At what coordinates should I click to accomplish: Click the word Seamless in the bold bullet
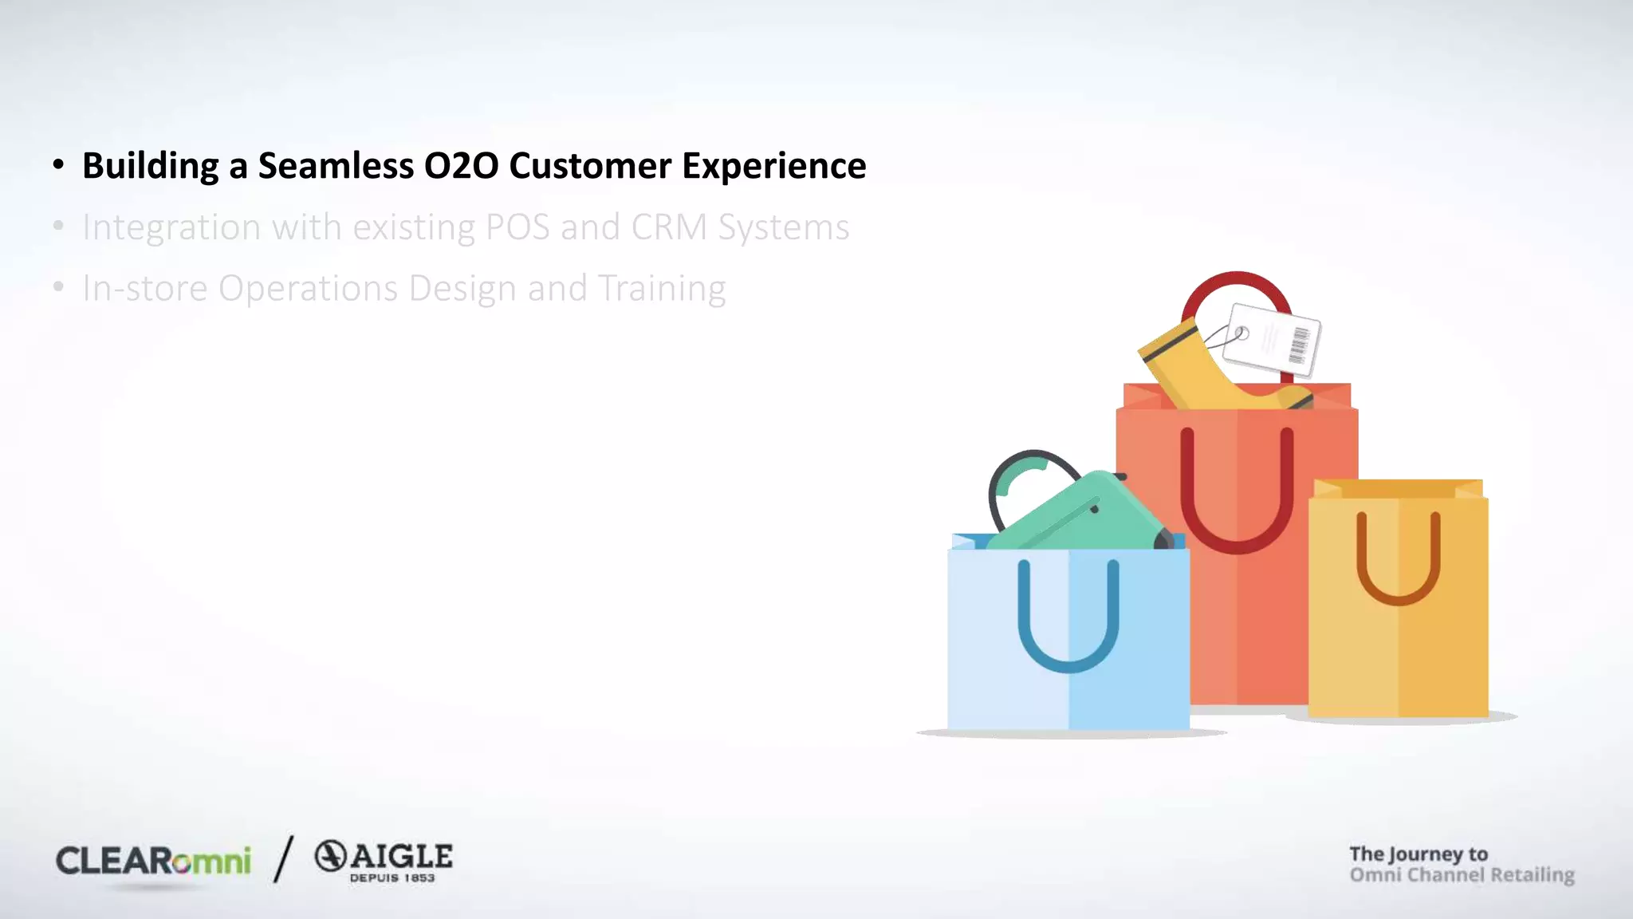(x=336, y=166)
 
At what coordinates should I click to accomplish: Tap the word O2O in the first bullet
(x=461, y=166)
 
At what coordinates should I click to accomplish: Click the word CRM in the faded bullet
(x=669, y=227)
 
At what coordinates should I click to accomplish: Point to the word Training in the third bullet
(x=662, y=289)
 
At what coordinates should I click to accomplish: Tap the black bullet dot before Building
(x=58, y=165)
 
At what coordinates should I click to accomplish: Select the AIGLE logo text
(x=401, y=857)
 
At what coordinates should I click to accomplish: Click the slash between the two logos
(x=283, y=859)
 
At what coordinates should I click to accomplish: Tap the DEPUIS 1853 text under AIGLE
(x=392, y=878)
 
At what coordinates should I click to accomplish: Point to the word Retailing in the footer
(x=1532, y=875)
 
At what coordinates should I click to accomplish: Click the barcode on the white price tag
(x=1299, y=345)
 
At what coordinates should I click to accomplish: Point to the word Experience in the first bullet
(x=773, y=166)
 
